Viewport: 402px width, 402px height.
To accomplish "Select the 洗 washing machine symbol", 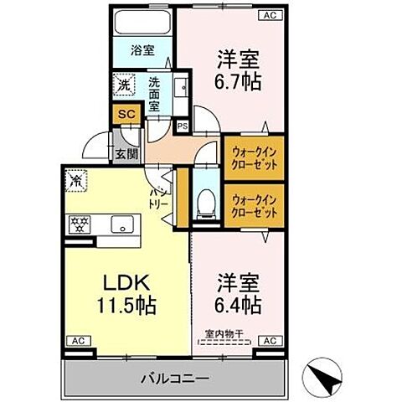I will pyautogui.click(x=124, y=85).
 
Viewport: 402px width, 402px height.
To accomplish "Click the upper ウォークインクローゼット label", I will pyautogui.click(x=250, y=157).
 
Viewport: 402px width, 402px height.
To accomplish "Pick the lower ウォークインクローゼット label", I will pyautogui.click(x=250, y=205).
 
